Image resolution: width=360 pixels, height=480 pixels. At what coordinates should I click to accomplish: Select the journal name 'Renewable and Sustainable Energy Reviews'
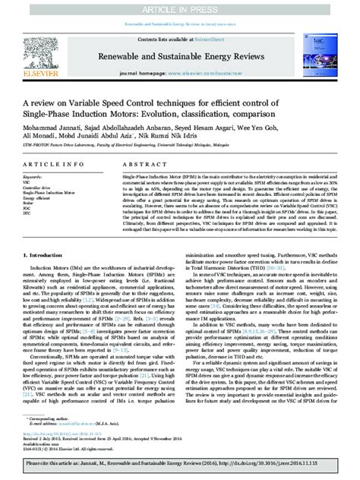(x=182, y=55)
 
